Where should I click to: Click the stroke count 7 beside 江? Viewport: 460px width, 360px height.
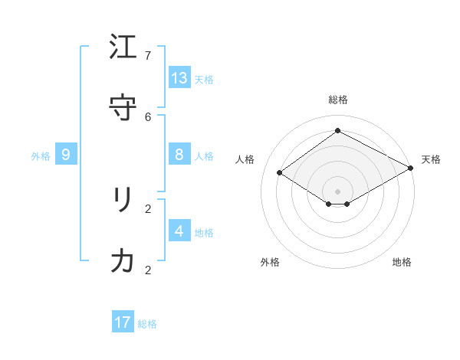coord(148,56)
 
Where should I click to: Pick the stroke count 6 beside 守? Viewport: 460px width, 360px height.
coord(148,116)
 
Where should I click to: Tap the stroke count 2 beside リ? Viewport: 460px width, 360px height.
coord(148,208)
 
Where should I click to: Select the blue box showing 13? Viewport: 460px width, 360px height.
coord(179,77)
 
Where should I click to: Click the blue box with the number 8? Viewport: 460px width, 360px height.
coord(179,155)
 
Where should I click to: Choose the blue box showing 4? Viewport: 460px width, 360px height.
coord(179,231)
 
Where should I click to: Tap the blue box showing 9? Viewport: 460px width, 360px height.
coord(66,155)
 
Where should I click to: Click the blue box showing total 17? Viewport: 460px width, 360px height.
coord(123,322)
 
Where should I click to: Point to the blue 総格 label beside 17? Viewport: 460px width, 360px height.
coord(147,324)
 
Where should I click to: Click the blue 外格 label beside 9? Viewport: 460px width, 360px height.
coord(41,156)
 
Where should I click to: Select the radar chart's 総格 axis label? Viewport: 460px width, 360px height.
coord(338,100)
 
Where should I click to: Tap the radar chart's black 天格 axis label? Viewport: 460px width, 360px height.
coord(431,159)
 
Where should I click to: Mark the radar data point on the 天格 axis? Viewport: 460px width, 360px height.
coord(412,169)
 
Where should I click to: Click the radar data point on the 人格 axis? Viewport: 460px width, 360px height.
coord(279,173)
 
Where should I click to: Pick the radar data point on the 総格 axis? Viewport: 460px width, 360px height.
coord(337,130)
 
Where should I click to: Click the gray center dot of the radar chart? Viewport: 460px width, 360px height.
coord(337,191)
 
